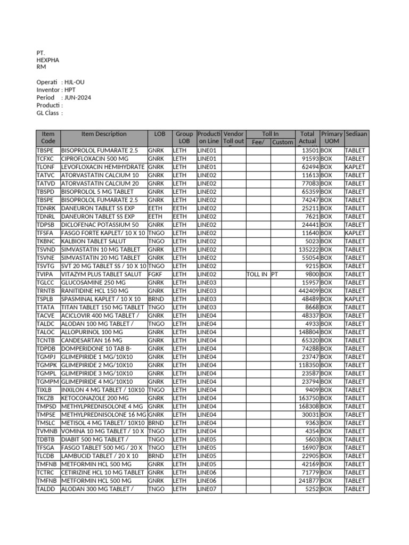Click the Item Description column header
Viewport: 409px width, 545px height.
pos(104,134)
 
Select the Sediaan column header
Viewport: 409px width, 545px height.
pos(356,134)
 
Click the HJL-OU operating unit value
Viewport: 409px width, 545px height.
pos(74,82)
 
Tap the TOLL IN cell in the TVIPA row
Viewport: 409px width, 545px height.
pos(257,274)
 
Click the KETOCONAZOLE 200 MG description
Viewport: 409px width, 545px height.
pos(95,398)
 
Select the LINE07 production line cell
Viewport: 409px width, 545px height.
pos(207,489)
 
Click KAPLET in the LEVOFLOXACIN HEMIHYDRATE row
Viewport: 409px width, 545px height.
pos(355,167)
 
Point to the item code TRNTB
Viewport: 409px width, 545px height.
pos(45,291)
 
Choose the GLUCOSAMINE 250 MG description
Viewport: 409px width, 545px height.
pos(93,283)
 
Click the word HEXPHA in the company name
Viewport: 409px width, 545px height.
pos(47,60)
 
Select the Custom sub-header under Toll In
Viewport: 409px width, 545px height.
pos(282,142)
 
